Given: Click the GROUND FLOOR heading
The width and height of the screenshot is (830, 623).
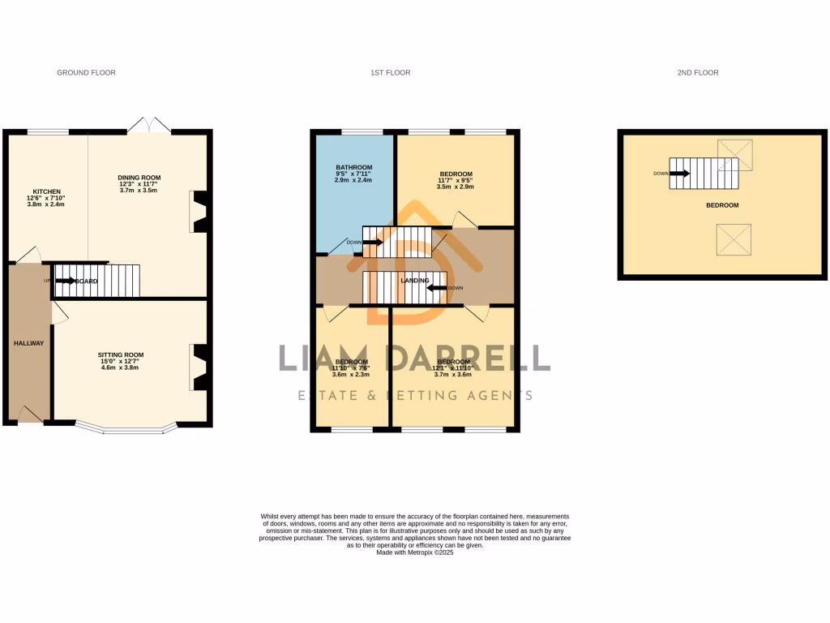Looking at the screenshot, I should coord(86,73).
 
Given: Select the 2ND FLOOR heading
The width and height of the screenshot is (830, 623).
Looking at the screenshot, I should coord(698,73).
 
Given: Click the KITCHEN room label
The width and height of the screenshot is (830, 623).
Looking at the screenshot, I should coord(44,191).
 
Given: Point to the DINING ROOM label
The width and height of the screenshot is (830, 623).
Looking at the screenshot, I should coord(139,178).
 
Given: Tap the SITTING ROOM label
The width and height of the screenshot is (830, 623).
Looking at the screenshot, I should coord(121,355).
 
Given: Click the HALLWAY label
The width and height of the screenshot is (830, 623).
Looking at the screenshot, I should coord(29,343).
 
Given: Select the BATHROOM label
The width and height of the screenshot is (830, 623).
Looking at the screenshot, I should coord(353,168).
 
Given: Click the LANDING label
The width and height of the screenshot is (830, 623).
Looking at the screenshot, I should coord(414,281).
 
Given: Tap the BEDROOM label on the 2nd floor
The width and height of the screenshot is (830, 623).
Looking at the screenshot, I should coord(722,205).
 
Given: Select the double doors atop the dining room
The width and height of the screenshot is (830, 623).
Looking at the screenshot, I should coord(149,125).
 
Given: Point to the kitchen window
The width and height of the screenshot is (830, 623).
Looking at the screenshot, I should coord(48,131).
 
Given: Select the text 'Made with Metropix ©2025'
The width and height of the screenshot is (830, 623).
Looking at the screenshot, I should coord(415,552).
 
